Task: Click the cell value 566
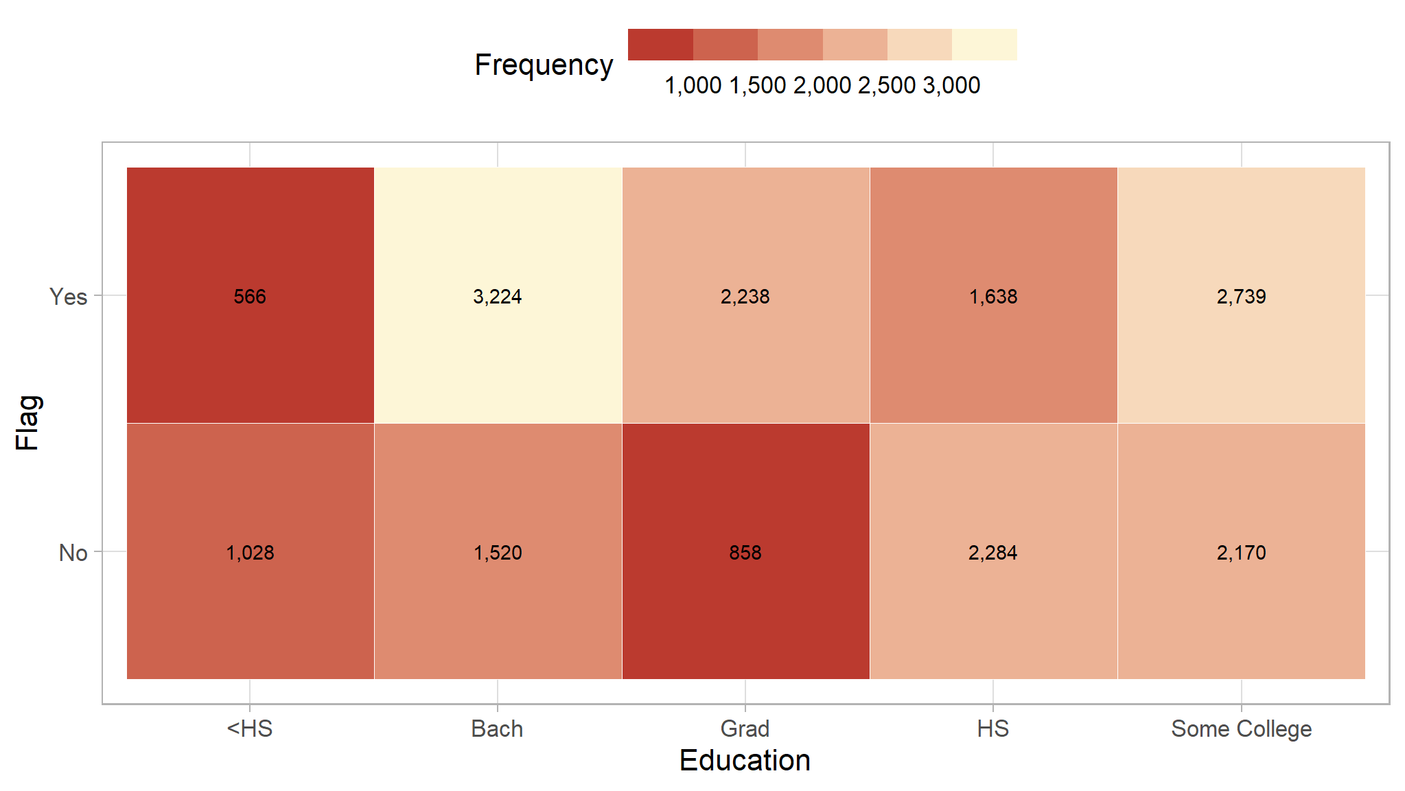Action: tap(250, 297)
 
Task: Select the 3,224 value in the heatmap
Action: tap(498, 297)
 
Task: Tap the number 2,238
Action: tap(745, 297)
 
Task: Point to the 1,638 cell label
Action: tap(993, 297)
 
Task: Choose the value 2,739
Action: tap(1241, 297)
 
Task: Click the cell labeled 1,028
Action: tap(250, 553)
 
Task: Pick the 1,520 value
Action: tap(498, 553)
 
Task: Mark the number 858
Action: tap(745, 553)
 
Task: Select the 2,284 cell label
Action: tap(993, 553)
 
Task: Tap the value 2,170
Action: tap(1241, 553)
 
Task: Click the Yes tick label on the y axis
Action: tap(69, 297)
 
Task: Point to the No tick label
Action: tap(73, 553)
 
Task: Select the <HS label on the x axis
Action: tap(250, 729)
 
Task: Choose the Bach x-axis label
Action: tap(498, 729)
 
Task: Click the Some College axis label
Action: tap(1241, 729)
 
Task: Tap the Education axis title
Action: tap(745, 761)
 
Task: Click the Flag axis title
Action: tap(29, 423)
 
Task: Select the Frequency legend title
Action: tap(544, 65)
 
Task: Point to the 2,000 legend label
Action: tap(822, 85)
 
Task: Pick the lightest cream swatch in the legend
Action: tap(984, 45)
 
